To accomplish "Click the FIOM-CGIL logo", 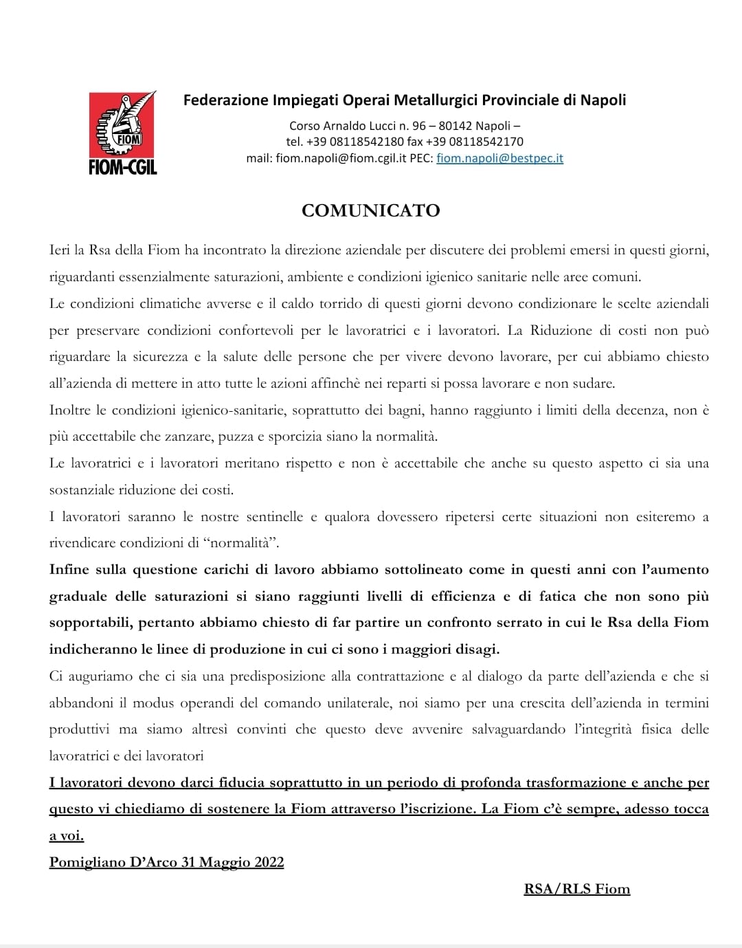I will click(x=123, y=133).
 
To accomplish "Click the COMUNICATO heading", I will click(x=370, y=210).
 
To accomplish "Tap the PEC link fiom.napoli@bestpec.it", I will click(x=499, y=158).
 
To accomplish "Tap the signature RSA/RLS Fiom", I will click(x=576, y=889).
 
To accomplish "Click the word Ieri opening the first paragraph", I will click(x=59, y=250).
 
